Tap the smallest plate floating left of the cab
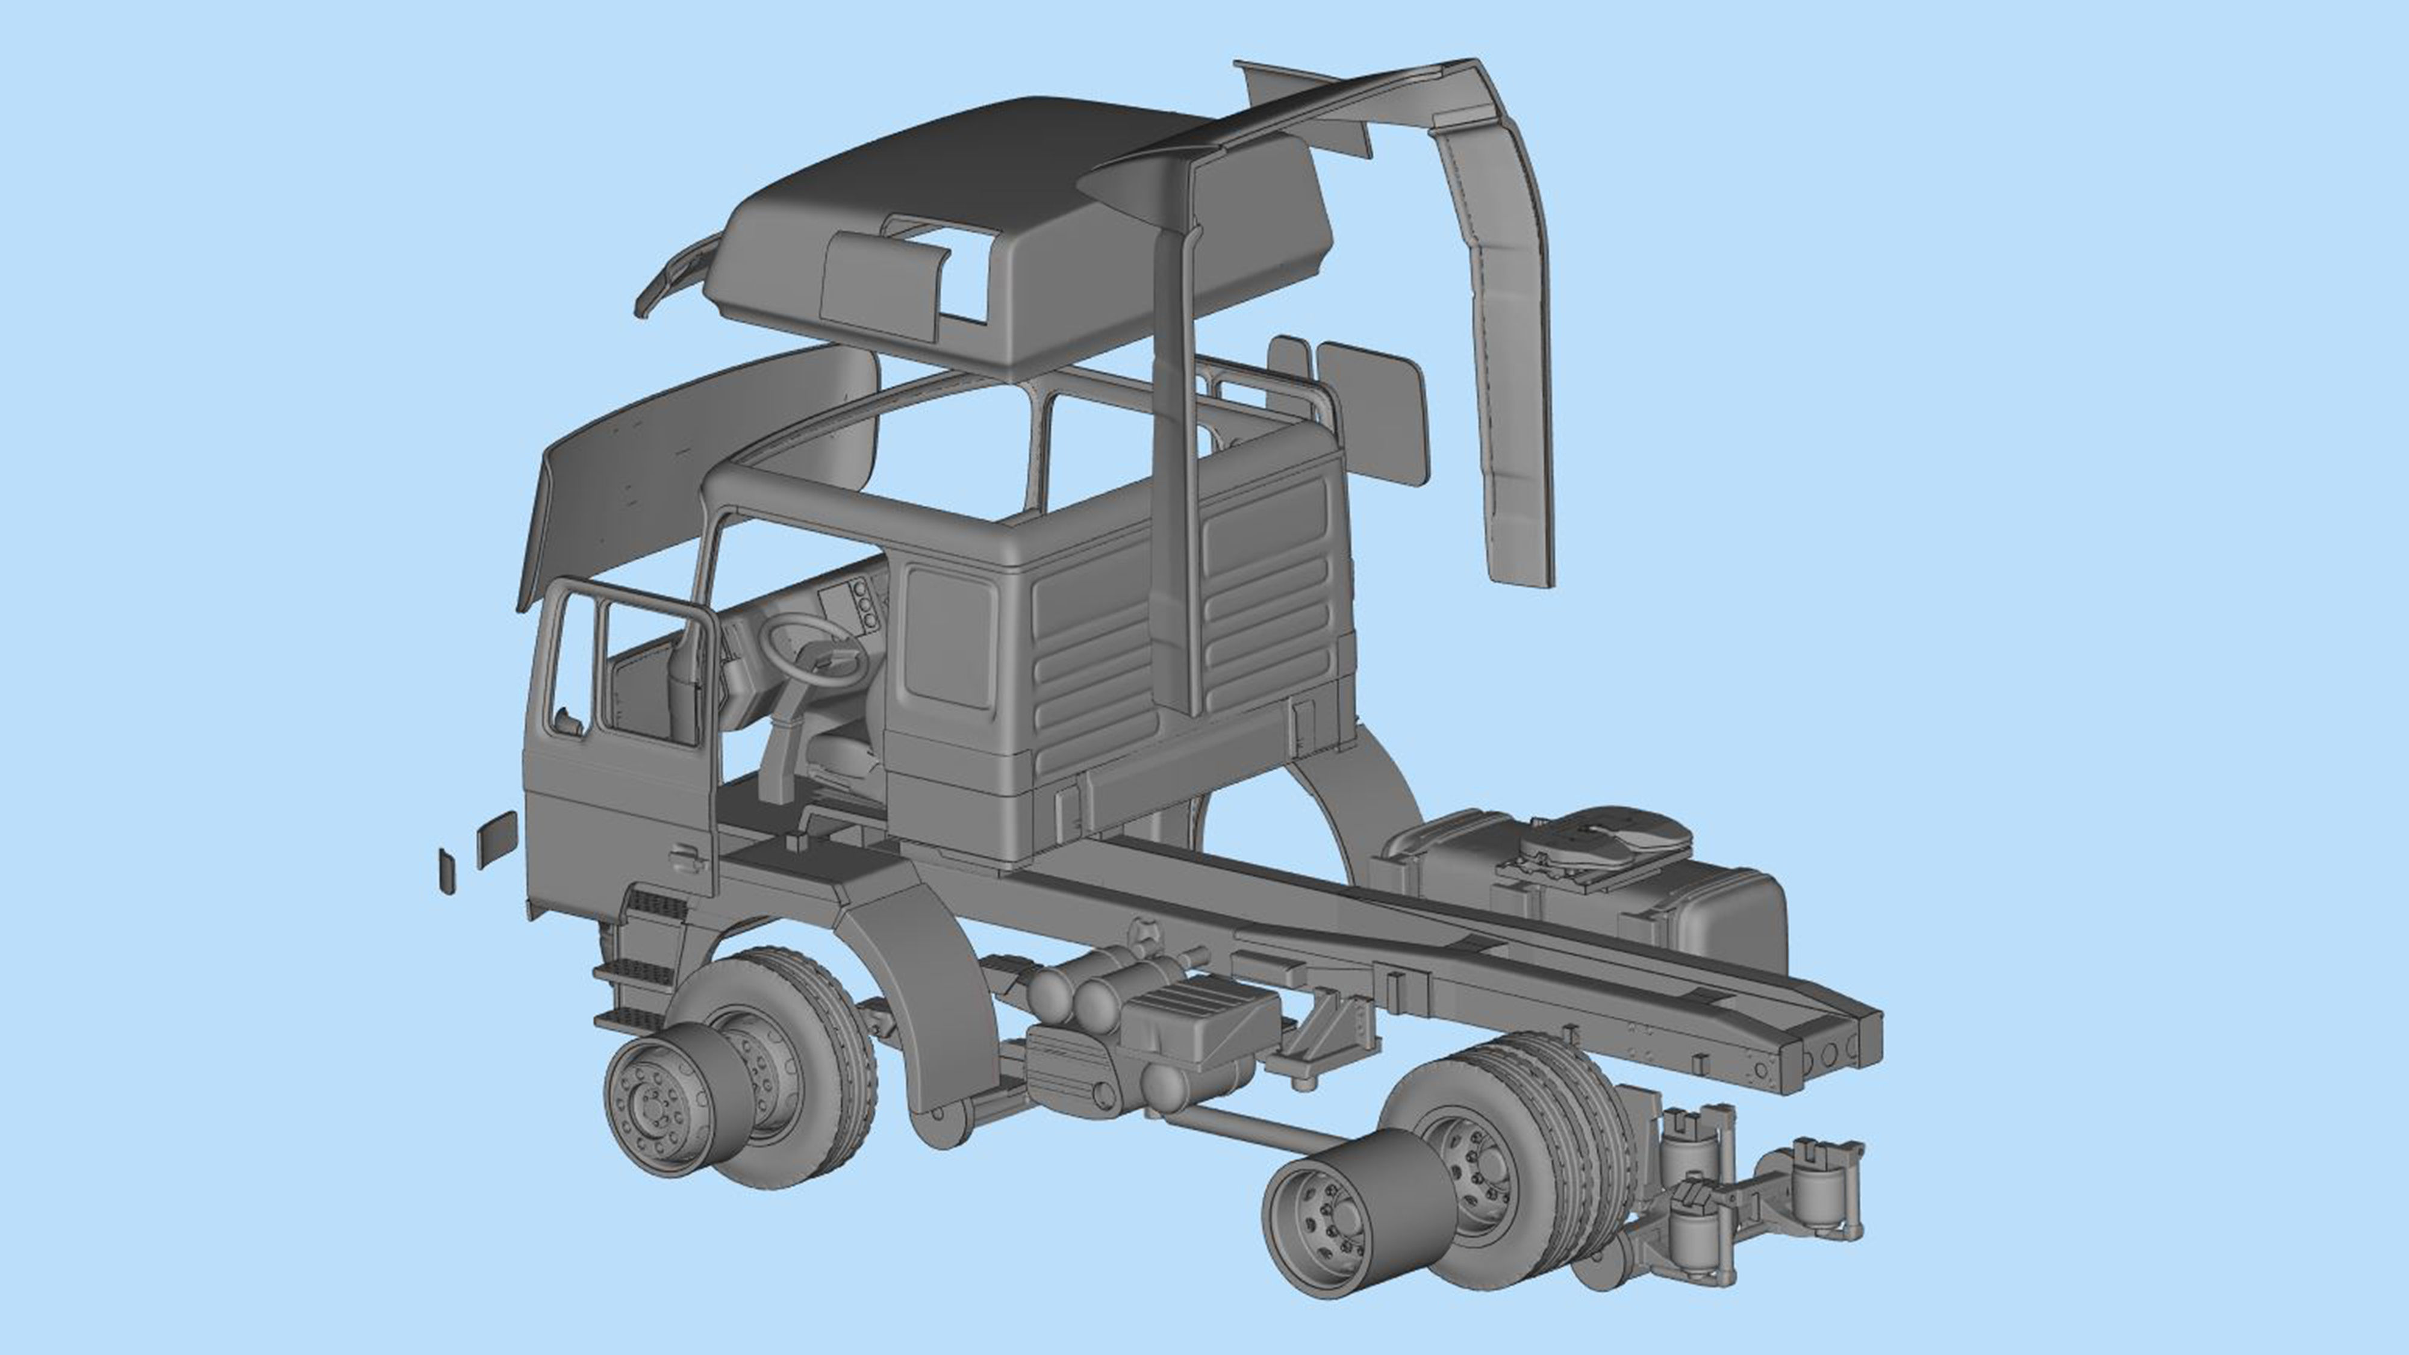[x=447, y=871]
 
